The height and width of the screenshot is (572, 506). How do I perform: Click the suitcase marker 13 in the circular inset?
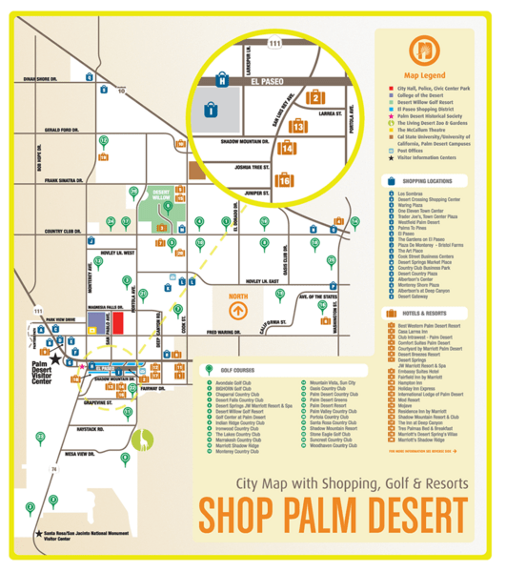[x=298, y=125]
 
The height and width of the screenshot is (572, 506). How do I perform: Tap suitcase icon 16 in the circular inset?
[x=283, y=179]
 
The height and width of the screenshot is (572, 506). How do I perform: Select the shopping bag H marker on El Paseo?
[x=222, y=80]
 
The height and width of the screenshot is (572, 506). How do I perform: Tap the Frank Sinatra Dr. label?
[x=60, y=179]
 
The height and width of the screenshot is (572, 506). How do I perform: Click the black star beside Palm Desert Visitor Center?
[x=54, y=358]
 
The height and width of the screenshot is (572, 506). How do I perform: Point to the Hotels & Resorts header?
[x=426, y=312]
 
